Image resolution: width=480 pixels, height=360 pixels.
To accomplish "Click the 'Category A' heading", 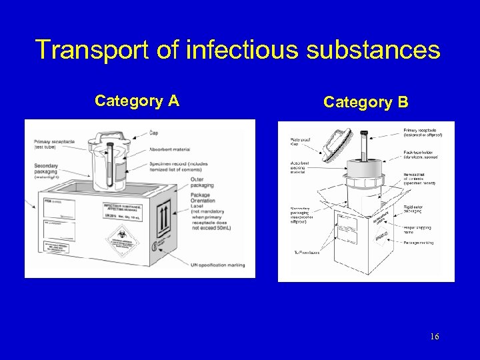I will pyautogui.click(x=136, y=101).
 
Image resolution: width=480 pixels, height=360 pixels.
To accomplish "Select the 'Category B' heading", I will pyautogui.click(x=365, y=102).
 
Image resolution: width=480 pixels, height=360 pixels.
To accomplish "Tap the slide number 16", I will pyautogui.click(x=435, y=337).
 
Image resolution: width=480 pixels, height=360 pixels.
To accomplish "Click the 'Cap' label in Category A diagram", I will pyautogui.click(x=154, y=132).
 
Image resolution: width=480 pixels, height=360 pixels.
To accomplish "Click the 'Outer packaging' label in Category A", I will pyautogui.click(x=199, y=181).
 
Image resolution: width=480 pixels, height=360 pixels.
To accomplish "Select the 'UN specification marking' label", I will pyautogui.click(x=217, y=265).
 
